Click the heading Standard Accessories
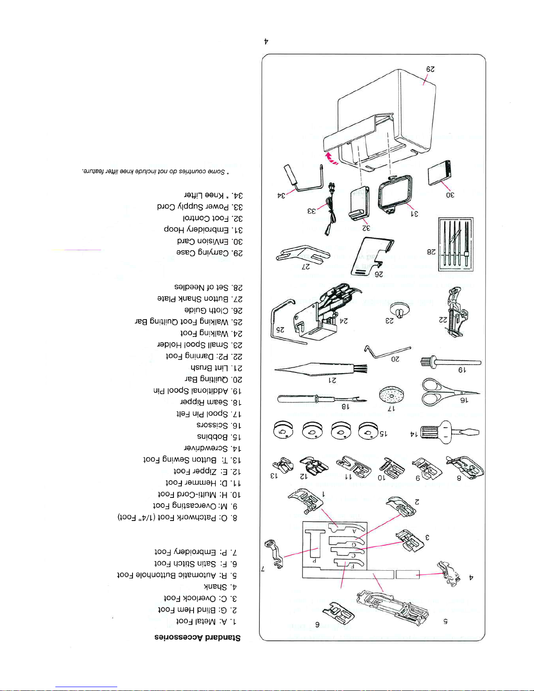(197, 637)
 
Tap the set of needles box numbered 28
(456, 244)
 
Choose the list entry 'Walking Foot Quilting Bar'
(188, 322)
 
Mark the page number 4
(266, 42)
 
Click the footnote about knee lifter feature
(155, 172)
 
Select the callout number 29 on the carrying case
(430, 69)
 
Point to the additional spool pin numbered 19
(451, 362)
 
